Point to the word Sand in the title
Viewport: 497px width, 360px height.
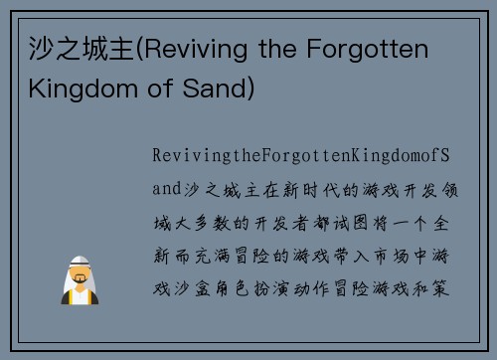[x=218, y=90]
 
